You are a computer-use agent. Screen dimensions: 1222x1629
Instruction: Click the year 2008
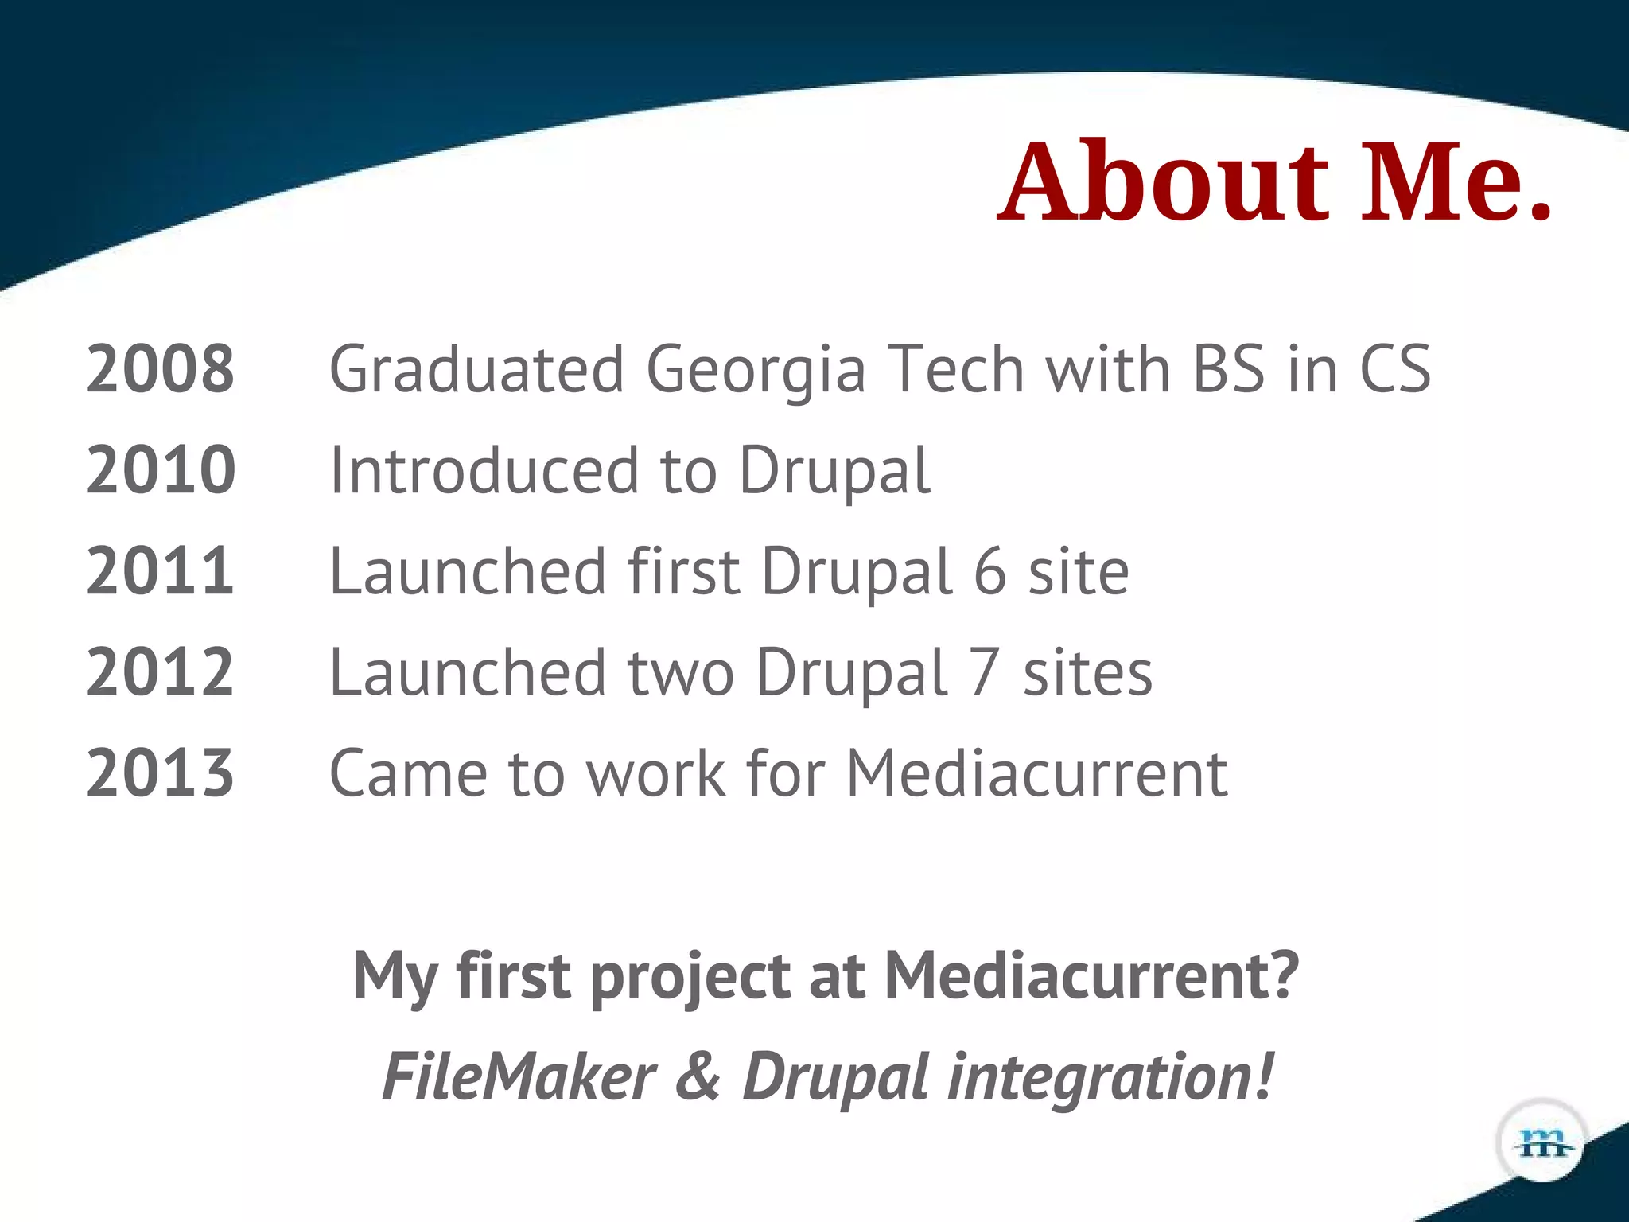point(160,369)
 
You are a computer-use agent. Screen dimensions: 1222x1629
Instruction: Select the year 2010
point(160,470)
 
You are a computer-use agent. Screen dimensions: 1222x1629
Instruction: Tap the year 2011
point(160,571)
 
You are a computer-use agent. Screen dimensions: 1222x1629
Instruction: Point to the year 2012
point(160,672)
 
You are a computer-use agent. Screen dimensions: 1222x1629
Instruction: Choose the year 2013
point(160,773)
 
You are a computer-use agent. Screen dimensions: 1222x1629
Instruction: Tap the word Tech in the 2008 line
point(955,369)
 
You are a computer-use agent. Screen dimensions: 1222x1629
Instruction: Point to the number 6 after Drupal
point(989,571)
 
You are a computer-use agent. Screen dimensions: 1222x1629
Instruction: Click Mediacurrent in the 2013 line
point(1036,773)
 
